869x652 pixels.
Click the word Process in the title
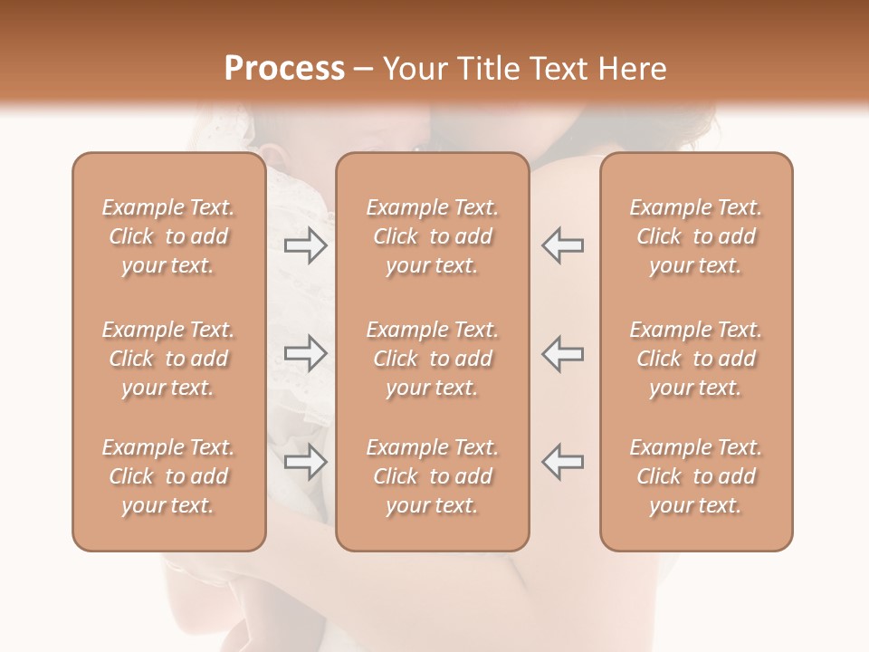tap(284, 69)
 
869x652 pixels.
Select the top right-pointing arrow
tap(306, 244)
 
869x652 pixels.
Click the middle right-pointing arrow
tap(306, 353)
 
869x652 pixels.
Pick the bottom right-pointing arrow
tap(306, 462)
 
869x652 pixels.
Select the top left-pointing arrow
tap(563, 244)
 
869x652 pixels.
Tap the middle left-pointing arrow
tap(563, 353)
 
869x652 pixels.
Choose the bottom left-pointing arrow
tap(563, 462)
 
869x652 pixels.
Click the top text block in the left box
tap(168, 236)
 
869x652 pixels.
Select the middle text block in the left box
tap(168, 359)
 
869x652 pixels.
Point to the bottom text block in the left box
tap(168, 476)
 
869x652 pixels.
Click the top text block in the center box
tap(433, 236)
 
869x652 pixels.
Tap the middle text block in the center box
tap(433, 359)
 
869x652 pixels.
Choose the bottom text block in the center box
tap(433, 476)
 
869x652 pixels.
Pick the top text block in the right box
tap(696, 236)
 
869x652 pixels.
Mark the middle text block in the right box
tap(696, 359)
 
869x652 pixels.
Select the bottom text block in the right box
tap(696, 476)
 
